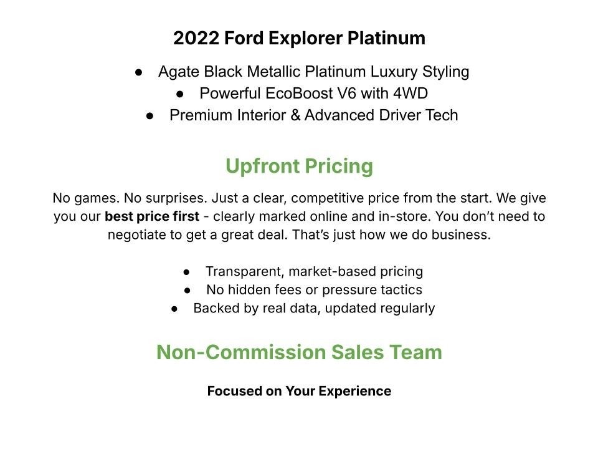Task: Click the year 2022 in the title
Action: pos(196,38)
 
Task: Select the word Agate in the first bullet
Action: pos(179,72)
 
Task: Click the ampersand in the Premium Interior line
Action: pos(295,115)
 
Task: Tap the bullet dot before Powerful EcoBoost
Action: pos(180,94)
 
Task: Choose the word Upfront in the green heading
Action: pos(262,167)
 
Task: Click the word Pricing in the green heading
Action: pos(339,167)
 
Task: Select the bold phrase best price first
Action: pos(152,216)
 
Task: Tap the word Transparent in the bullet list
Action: pos(244,271)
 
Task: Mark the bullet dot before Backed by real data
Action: pos(174,309)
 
